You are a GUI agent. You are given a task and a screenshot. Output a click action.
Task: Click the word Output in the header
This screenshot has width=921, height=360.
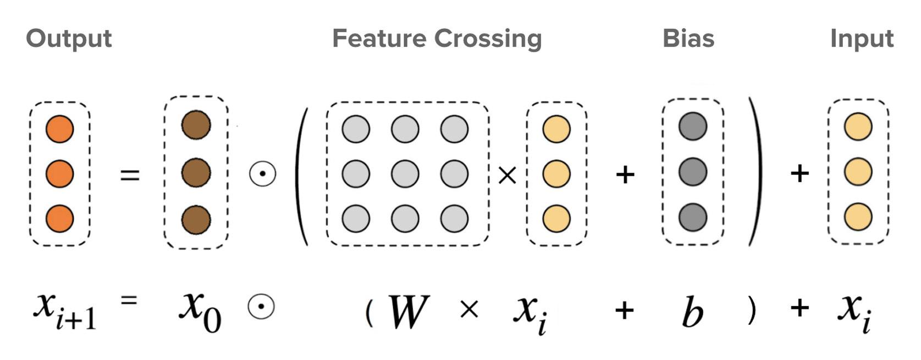click(x=69, y=39)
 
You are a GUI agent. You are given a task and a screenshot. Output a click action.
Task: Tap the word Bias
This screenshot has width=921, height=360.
click(x=688, y=39)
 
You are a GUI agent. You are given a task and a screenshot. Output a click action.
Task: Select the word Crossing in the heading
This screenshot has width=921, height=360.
click(x=488, y=39)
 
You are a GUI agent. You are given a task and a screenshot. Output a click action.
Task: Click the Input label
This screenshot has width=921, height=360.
click(x=862, y=39)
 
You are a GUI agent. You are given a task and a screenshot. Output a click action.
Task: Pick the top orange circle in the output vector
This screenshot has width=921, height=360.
click(x=60, y=129)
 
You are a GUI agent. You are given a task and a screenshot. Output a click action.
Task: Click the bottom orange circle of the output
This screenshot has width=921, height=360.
click(x=60, y=218)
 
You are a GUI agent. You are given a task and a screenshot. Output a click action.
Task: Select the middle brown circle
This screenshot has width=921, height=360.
click(x=196, y=173)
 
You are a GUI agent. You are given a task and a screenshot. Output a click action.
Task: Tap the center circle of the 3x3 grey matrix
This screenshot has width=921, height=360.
click(x=405, y=174)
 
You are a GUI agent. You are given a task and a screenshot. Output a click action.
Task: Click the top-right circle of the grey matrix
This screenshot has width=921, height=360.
click(x=454, y=129)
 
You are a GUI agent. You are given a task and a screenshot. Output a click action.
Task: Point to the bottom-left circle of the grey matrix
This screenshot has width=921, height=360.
click(x=356, y=218)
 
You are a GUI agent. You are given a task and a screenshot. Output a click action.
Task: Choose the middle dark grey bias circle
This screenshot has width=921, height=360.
click(x=693, y=172)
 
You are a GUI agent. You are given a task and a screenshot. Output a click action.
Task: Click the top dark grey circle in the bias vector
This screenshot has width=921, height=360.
click(x=693, y=126)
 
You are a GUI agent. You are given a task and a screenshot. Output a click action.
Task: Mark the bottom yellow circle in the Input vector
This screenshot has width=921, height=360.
click(x=858, y=217)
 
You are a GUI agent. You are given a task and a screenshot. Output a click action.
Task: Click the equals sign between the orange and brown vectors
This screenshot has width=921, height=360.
click(x=130, y=175)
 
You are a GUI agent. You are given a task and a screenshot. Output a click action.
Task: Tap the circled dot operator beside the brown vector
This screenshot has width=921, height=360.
click(x=262, y=174)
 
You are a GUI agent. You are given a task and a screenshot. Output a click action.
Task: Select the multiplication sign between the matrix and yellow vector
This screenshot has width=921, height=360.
click(x=507, y=175)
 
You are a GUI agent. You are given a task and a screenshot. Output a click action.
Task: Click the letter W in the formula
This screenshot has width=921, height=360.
click(x=409, y=312)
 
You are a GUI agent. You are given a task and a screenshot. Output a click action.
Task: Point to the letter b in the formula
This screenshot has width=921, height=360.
click(x=692, y=312)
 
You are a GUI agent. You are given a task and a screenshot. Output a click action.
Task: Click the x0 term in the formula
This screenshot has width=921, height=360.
click(x=200, y=312)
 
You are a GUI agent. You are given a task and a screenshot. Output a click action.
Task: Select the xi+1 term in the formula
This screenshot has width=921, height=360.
click(x=65, y=311)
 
